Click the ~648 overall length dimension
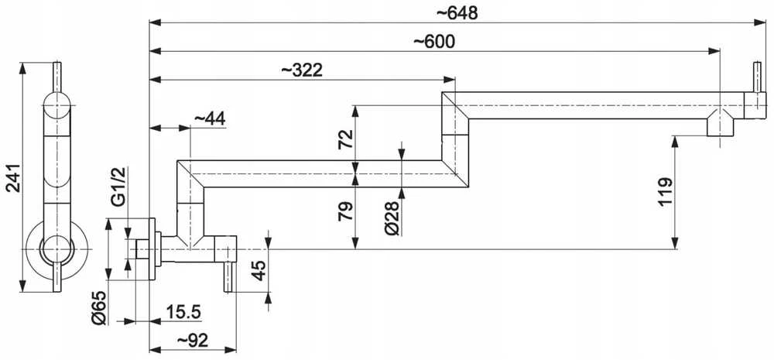point(457,13)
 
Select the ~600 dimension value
point(434,42)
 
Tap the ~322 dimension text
point(302,70)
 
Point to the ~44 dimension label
point(209,118)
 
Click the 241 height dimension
point(13,178)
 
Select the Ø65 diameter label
point(99,307)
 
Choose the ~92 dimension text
point(193,340)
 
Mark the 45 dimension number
point(259,270)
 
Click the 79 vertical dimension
point(346,211)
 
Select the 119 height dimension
point(666,193)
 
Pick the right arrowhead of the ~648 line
point(760,22)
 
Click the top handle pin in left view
point(57,77)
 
